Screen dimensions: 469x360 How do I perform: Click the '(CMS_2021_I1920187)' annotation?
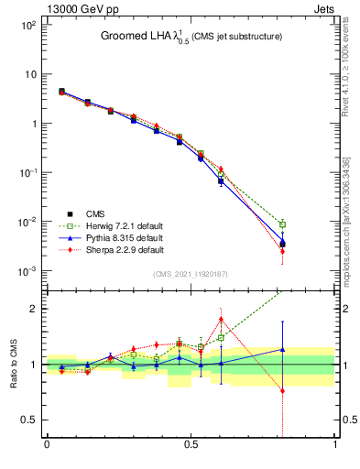coord(191,274)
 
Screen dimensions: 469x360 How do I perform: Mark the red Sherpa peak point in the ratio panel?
coord(221,320)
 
